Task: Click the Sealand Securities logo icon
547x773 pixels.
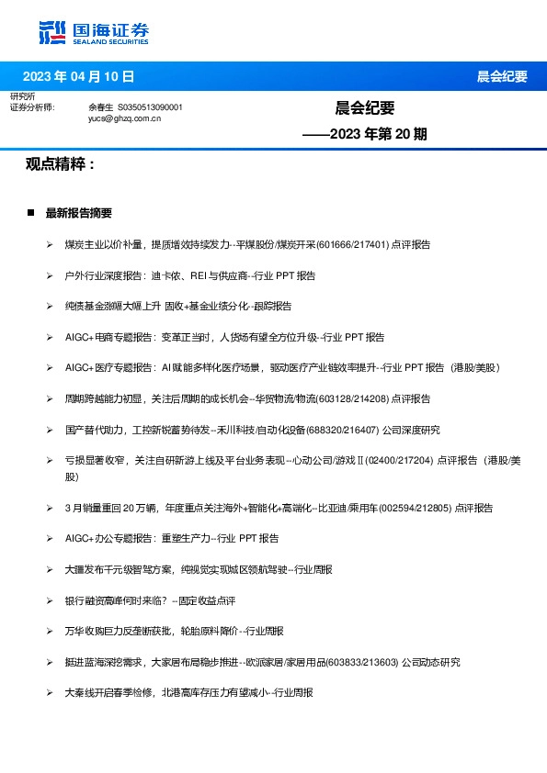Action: pyautogui.click(x=51, y=31)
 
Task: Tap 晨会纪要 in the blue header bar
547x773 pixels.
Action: pyautogui.click(x=501, y=77)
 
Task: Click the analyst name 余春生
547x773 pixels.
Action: pyautogui.click(x=100, y=107)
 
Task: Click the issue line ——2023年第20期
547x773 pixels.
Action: pyautogui.click(x=365, y=134)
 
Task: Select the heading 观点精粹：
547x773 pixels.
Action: pyautogui.click(x=60, y=164)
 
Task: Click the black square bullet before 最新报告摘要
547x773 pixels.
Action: pyautogui.click(x=31, y=213)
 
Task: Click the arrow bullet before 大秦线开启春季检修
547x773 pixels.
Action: pyautogui.click(x=50, y=692)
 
